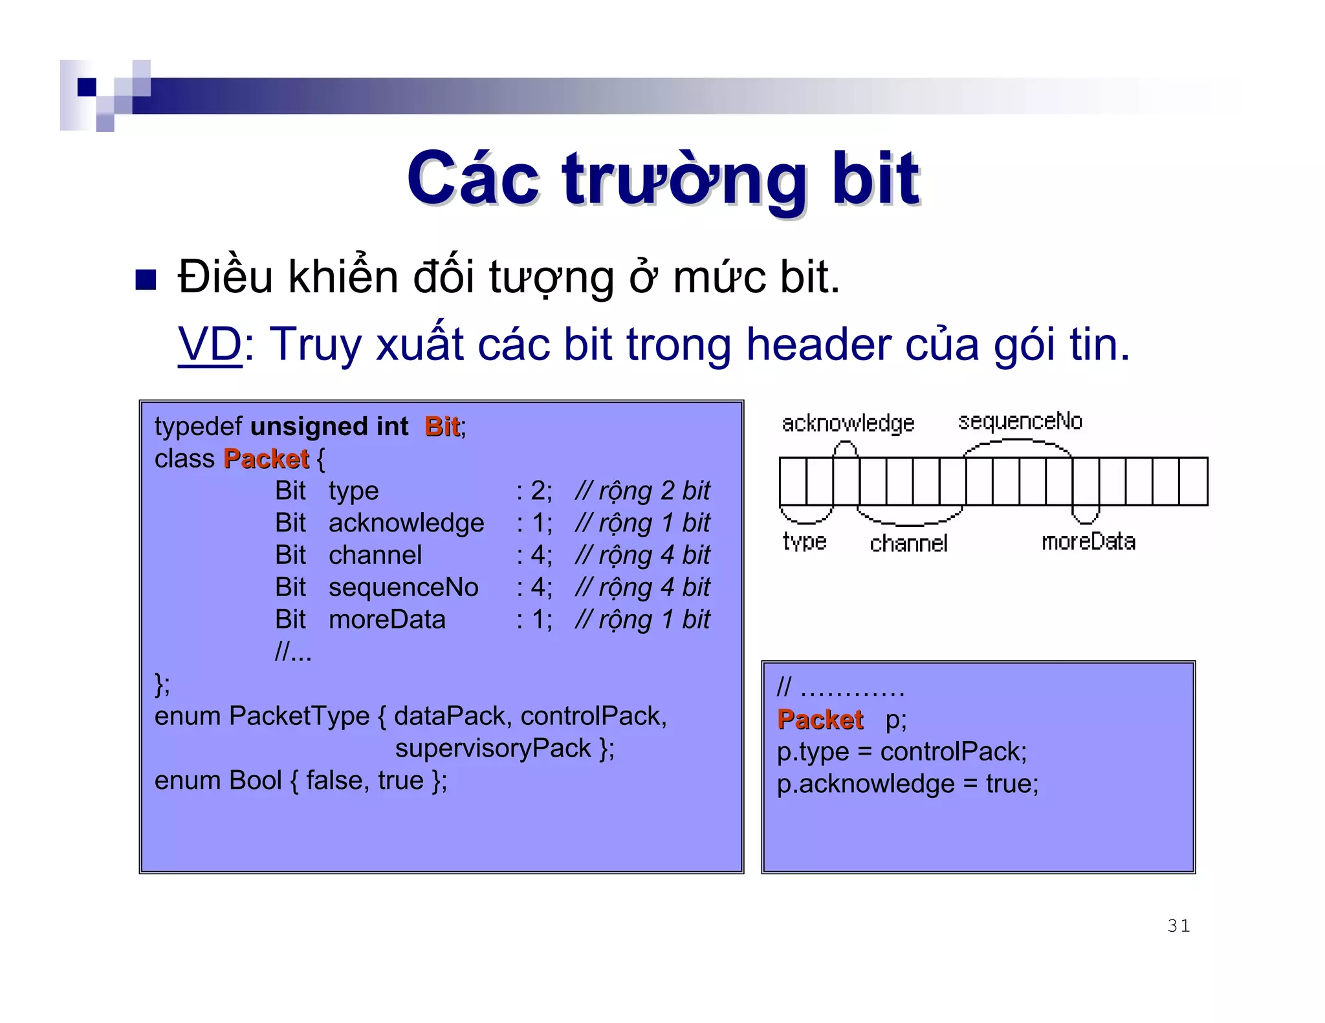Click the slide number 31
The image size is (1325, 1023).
click(1178, 926)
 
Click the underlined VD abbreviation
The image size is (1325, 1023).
click(210, 345)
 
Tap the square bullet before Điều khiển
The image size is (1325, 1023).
click(146, 279)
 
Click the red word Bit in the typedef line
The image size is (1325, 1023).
click(443, 427)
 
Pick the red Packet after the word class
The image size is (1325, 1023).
click(266, 459)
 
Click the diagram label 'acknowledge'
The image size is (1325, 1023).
click(848, 424)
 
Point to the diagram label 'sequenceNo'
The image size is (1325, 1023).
click(1020, 422)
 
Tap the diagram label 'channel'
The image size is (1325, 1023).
click(908, 544)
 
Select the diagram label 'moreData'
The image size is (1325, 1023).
click(1088, 542)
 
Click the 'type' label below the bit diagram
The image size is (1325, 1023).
click(804, 542)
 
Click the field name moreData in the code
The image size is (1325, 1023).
click(387, 620)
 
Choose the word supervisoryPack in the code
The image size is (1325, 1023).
click(493, 749)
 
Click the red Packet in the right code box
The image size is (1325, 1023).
click(820, 720)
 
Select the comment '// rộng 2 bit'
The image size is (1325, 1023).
click(642, 491)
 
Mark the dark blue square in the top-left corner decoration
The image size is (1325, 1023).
click(87, 87)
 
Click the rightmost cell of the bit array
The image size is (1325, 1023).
click(1193, 482)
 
